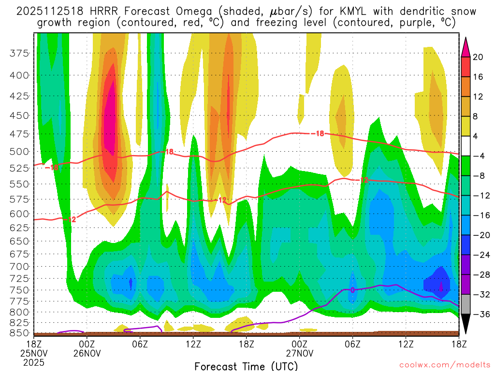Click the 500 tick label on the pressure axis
tap(19, 151)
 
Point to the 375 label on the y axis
tap(19, 54)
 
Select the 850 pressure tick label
tap(19, 333)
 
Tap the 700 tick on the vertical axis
tap(19, 266)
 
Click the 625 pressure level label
tap(19, 227)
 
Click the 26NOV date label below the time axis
tap(87, 353)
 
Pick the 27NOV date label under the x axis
tap(299, 353)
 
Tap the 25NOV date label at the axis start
tap(33, 353)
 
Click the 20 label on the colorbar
tap(478, 57)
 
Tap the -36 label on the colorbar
tap(478, 314)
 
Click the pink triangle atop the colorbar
tap(466, 47)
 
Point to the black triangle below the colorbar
tap(466, 325)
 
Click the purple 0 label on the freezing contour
tap(352, 290)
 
